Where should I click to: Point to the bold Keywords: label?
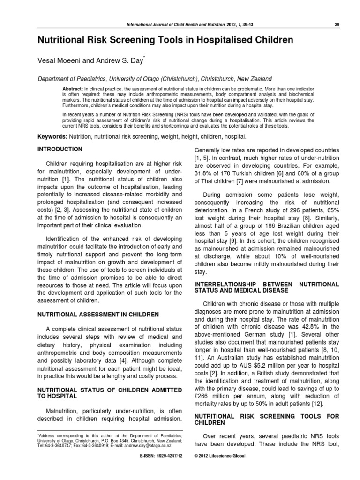pos(52,136)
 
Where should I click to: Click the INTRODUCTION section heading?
pos(60,150)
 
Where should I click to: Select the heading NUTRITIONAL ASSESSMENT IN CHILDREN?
pos(98,314)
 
